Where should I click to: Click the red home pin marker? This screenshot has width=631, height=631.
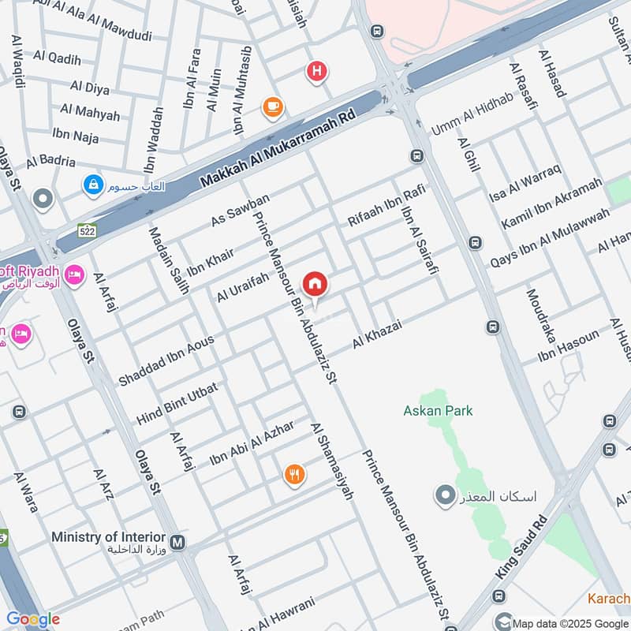click(x=315, y=284)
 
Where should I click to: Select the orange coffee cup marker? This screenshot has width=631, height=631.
click(x=273, y=106)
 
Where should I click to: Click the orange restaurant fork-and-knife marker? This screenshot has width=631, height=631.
click(x=294, y=474)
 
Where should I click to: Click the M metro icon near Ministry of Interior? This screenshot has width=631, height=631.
click(x=179, y=543)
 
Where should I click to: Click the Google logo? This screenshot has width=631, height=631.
click(x=33, y=619)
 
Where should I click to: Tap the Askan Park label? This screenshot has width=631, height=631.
click(x=438, y=410)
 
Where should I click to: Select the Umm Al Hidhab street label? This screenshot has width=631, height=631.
click(x=472, y=118)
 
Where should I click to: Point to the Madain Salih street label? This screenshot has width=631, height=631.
click(x=168, y=260)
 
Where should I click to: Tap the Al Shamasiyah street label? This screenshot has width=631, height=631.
click(x=331, y=461)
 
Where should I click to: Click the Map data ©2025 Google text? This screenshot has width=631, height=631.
click(x=567, y=622)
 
